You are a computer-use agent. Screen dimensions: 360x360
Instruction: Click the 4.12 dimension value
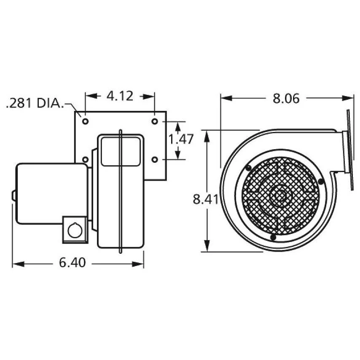click(x=120, y=96)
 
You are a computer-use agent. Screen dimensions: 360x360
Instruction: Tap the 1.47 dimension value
click(x=181, y=139)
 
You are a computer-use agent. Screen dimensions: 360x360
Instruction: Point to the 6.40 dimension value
click(x=73, y=263)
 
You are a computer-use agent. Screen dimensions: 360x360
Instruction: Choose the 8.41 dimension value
click(x=206, y=199)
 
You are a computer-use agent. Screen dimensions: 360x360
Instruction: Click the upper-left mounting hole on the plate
click(x=86, y=121)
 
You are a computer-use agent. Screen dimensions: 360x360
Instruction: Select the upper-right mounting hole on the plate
click(x=155, y=121)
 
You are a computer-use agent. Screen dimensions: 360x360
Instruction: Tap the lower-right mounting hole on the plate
click(x=155, y=159)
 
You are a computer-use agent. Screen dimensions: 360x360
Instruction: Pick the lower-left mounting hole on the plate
click(x=86, y=159)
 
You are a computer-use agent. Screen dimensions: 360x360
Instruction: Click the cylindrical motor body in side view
click(x=51, y=194)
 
